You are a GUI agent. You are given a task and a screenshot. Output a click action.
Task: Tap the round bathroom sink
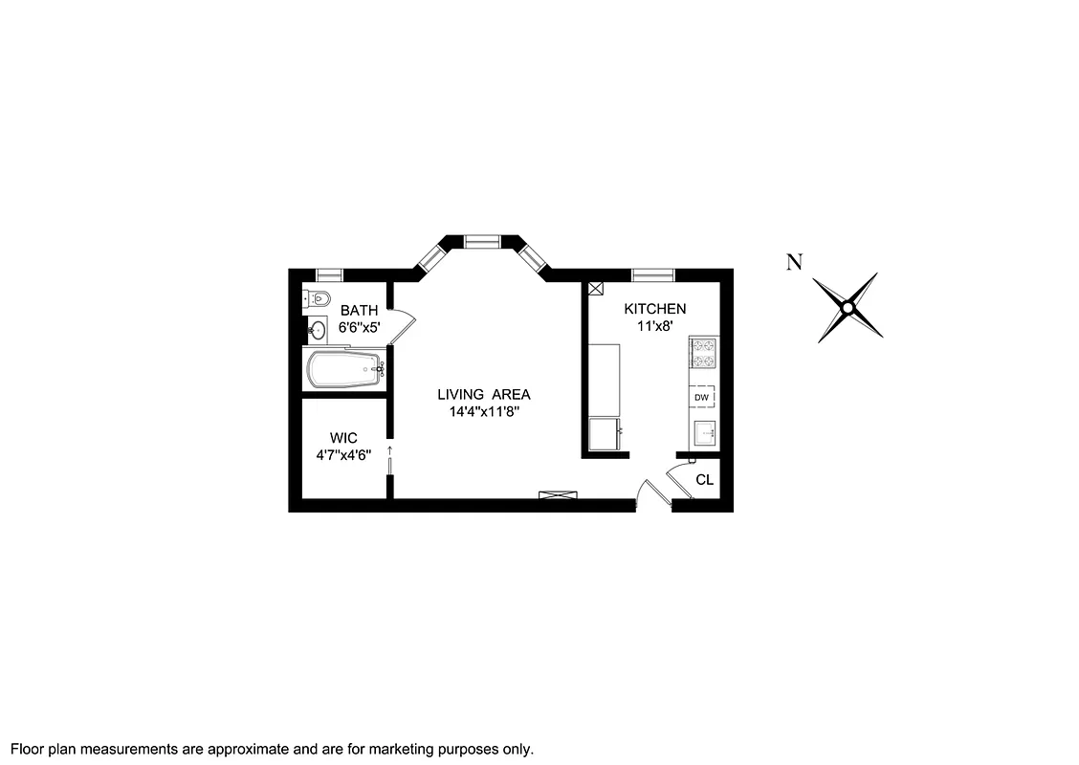[318, 331]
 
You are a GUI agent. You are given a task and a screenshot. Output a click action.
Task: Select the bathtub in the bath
[342, 369]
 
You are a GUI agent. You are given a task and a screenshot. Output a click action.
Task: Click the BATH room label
[360, 310]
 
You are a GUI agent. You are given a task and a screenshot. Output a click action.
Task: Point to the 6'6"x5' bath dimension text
[360, 327]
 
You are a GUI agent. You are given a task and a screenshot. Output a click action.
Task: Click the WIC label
[342, 438]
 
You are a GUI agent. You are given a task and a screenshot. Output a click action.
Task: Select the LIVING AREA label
[483, 395]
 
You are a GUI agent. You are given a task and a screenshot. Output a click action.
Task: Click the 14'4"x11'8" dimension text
[483, 412]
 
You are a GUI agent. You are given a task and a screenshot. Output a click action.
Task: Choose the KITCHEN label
[654, 309]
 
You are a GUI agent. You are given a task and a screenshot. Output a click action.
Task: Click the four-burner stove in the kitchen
[703, 355]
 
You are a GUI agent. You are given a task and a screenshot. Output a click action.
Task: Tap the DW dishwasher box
[702, 397]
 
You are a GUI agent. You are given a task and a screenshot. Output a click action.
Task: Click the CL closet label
[704, 480]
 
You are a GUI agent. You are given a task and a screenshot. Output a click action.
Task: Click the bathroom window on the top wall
[330, 274]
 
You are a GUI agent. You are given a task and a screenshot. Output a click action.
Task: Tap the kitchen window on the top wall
[652, 274]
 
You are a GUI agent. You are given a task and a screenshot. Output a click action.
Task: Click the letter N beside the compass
[793, 263]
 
